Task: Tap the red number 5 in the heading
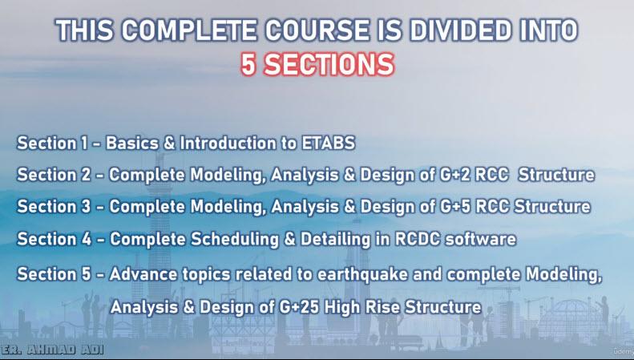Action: pos(248,65)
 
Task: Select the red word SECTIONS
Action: pos(329,65)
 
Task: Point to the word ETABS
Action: pos(329,144)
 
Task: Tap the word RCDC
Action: pos(418,239)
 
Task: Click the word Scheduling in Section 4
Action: pos(235,240)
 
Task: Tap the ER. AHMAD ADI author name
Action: pos(52,350)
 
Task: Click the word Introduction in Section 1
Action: pos(232,144)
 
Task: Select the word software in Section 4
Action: pos(480,239)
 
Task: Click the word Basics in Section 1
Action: pos(132,144)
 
